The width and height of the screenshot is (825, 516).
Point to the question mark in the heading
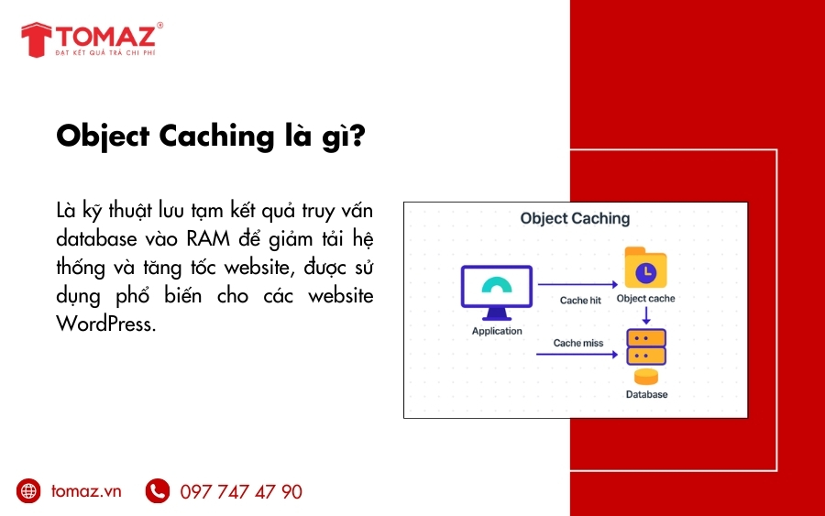[357, 136]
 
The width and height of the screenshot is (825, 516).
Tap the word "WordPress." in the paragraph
[104, 324]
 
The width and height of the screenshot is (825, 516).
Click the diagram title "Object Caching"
[575, 218]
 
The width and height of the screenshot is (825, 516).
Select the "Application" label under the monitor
[497, 331]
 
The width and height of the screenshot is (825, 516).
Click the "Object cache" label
[645, 299]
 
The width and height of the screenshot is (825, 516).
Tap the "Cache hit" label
[579, 300]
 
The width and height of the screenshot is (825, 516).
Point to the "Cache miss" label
[577, 343]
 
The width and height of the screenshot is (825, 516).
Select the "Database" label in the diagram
[646, 394]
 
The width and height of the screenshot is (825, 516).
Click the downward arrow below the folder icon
[645, 316]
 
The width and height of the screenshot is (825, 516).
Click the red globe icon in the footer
[28, 491]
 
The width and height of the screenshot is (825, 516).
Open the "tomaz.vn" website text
[86, 491]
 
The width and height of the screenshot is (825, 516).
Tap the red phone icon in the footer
[158, 491]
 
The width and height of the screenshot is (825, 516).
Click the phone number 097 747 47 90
[241, 492]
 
